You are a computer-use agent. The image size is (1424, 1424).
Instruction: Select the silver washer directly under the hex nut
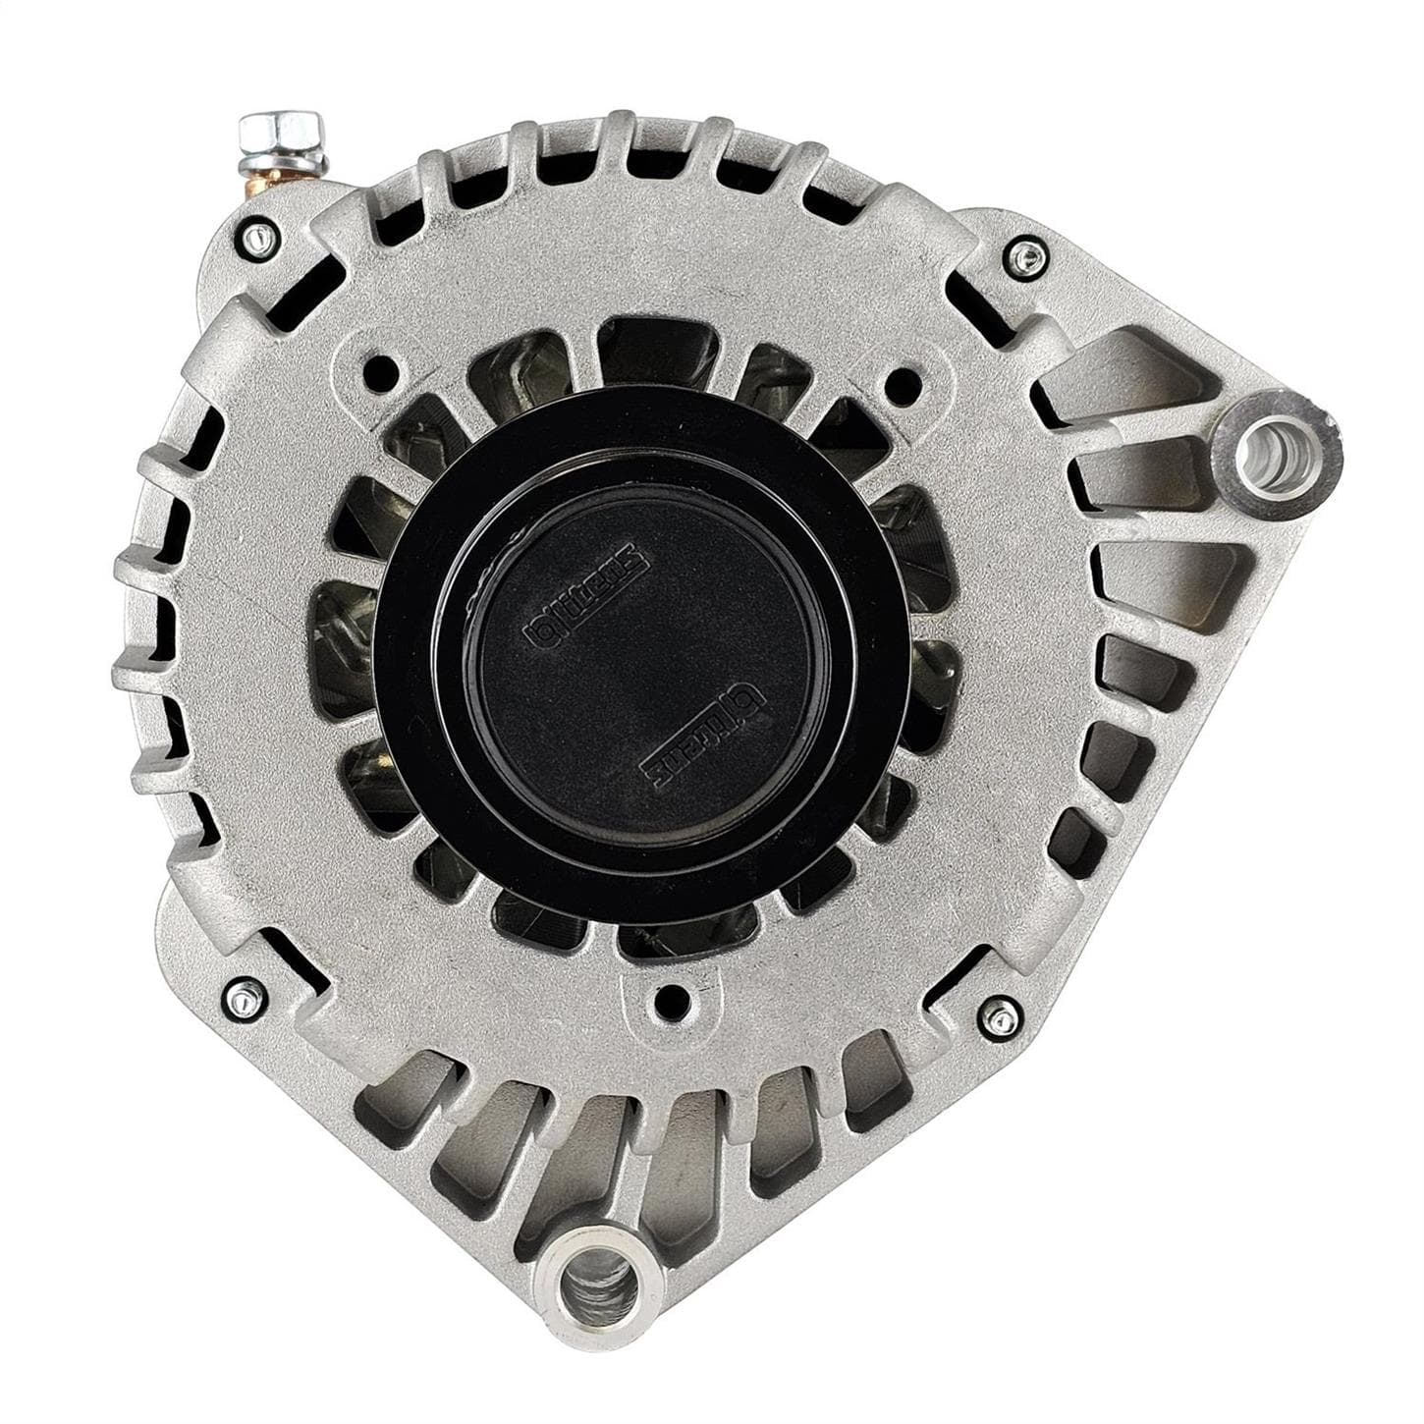click(x=290, y=157)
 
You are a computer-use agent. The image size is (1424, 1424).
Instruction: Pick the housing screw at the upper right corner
click(x=1027, y=258)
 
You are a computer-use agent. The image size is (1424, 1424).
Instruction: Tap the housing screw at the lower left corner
click(x=243, y=996)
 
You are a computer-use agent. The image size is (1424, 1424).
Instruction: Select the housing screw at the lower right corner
click(x=1000, y=1017)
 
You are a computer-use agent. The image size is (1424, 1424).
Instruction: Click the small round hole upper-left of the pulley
click(x=380, y=372)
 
